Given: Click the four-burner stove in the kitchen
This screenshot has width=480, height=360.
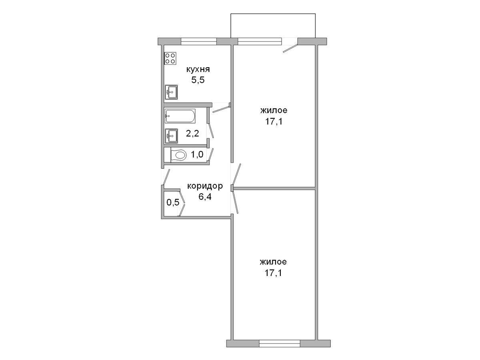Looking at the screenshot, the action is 170,58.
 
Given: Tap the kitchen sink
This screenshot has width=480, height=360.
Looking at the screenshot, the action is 171,92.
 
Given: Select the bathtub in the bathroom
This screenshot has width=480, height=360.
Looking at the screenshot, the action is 180,116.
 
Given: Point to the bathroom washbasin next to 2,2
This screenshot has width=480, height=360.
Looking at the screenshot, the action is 171,136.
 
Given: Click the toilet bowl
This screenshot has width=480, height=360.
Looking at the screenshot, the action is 178,156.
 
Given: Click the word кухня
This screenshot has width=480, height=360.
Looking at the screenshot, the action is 198,70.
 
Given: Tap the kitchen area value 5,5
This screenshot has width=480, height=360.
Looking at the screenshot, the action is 198,80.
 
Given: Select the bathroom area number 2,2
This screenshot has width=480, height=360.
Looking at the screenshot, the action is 192,133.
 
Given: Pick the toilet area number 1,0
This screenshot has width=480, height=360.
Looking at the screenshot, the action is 197,155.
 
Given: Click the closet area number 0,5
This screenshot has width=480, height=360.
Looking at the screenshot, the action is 173,202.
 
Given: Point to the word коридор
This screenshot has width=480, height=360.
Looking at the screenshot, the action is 205,186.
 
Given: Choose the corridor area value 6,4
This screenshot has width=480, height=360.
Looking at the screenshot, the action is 205,197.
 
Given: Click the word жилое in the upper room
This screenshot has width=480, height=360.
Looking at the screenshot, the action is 274,111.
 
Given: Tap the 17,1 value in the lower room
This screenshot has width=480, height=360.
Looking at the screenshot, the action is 273,273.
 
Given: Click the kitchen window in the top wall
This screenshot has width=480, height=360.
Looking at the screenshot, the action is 199,41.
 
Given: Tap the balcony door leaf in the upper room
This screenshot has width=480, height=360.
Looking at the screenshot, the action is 290,48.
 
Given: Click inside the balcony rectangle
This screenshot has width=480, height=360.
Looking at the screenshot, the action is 273,26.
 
